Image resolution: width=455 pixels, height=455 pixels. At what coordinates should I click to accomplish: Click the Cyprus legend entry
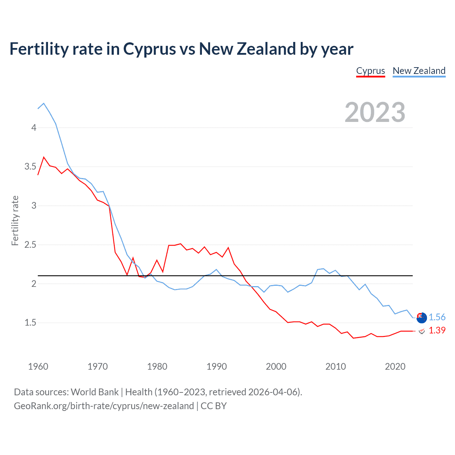[370, 71]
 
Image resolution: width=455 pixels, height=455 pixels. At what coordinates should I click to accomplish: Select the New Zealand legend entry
[419, 71]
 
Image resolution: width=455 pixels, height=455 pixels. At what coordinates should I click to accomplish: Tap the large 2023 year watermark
[375, 112]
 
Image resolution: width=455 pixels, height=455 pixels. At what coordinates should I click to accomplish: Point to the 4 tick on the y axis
[34, 128]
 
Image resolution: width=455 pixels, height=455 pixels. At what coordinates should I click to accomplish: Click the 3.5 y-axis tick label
[31, 167]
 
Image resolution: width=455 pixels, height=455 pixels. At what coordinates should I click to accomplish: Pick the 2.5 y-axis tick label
[31, 245]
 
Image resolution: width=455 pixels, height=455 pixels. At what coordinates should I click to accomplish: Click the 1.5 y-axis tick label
[31, 323]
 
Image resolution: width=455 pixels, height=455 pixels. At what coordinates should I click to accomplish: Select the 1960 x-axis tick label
[38, 366]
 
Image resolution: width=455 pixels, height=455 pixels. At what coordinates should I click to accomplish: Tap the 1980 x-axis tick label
[157, 366]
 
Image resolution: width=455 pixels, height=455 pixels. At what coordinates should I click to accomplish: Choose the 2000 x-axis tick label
[276, 366]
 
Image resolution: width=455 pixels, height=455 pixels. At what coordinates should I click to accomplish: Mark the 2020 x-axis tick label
[395, 366]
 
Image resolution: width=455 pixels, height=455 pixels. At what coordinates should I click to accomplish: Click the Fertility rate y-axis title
[15, 220]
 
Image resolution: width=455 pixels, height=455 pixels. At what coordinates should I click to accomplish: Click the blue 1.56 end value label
[437, 317]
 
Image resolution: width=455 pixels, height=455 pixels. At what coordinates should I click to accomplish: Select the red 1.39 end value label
[437, 330]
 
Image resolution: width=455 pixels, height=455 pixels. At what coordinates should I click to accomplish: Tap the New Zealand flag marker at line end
[422, 318]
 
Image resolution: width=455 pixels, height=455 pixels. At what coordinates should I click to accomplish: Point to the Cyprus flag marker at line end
[422, 331]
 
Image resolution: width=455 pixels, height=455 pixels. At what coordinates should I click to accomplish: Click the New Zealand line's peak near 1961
[44, 103]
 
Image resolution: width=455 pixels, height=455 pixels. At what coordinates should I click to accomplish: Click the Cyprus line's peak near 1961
[44, 157]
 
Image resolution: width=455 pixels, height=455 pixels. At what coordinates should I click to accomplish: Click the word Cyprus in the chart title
[150, 49]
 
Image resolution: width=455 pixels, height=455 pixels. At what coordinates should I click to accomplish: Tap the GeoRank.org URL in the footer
[104, 406]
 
